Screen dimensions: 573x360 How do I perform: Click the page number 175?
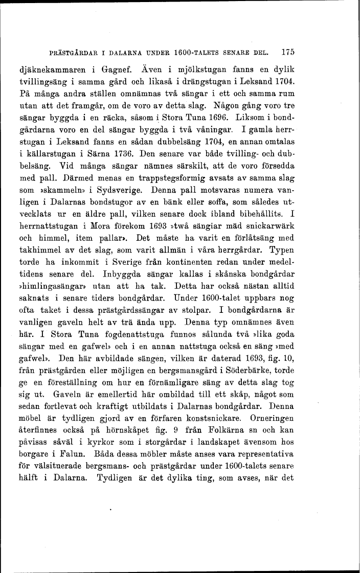[x=289, y=52]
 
